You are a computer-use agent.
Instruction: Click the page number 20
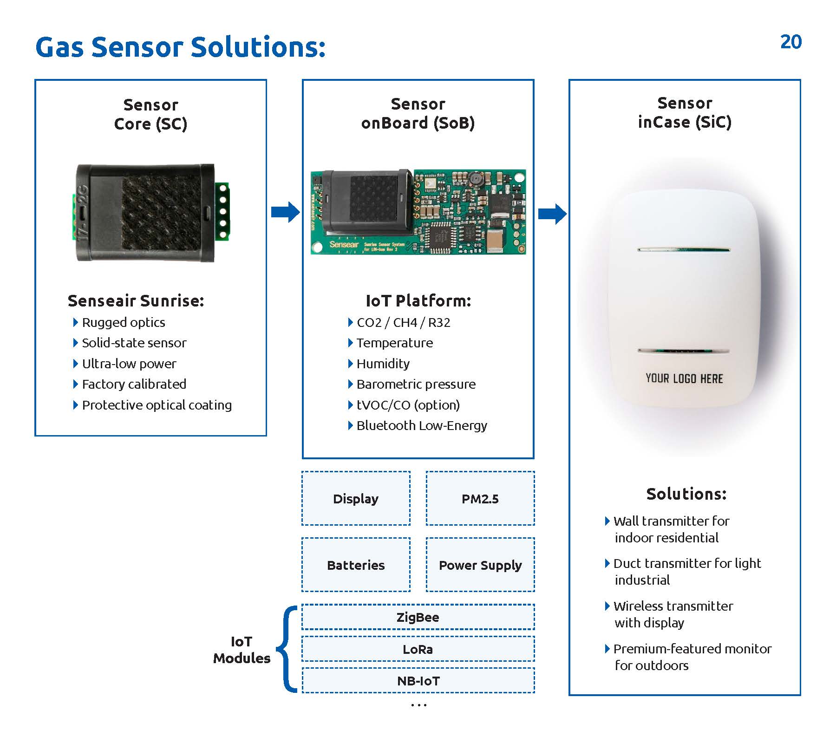point(790,42)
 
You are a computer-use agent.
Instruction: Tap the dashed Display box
point(356,498)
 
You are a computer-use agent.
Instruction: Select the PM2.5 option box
point(480,498)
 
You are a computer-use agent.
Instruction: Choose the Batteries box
point(356,565)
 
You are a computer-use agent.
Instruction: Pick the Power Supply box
point(480,565)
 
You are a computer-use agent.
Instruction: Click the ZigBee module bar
point(418,617)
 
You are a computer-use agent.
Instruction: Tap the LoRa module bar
point(418,649)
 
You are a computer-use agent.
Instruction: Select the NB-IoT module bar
point(418,680)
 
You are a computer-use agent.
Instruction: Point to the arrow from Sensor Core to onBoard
point(285,212)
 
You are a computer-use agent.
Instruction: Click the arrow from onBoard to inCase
point(552,214)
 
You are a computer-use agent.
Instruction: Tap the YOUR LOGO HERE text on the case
point(684,378)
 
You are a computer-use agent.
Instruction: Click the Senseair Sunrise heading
point(136,301)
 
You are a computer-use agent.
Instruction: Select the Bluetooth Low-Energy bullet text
point(422,425)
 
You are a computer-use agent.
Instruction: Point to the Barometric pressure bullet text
point(416,384)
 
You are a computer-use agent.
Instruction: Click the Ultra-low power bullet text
point(129,364)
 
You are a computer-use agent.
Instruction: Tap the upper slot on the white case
point(684,250)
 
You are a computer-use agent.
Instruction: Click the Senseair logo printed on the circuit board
point(344,244)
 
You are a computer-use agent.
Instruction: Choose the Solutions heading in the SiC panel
point(686,494)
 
